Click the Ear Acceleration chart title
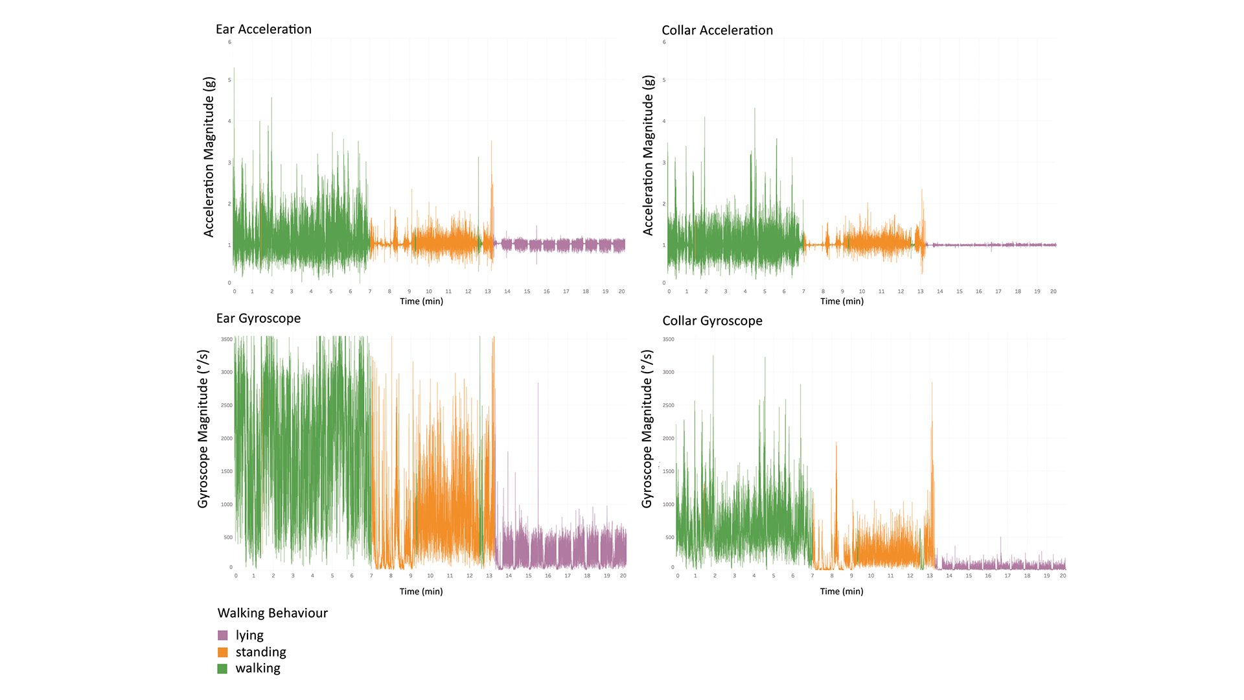tap(263, 29)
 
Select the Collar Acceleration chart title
tap(717, 30)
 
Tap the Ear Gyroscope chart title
tap(258, 318)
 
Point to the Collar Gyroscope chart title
tap(711, 321)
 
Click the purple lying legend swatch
tap(223, 635)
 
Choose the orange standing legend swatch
tap(223, 652)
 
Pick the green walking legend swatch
tap(223, 668)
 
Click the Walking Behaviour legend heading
tap(272, 613)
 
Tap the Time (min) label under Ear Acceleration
tap(421, 301)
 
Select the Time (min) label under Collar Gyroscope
tap(841, 591)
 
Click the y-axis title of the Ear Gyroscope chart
tap(203, 428)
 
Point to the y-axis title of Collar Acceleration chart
tap(648, 155)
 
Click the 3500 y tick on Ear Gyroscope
tap(226, 340)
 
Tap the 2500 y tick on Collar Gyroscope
tap(668, 406)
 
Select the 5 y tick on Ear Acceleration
tap(229, 80)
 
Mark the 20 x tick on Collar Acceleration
tap(1053, 292)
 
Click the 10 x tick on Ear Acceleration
tap(428, 292)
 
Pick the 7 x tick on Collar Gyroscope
tap(812, 576)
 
